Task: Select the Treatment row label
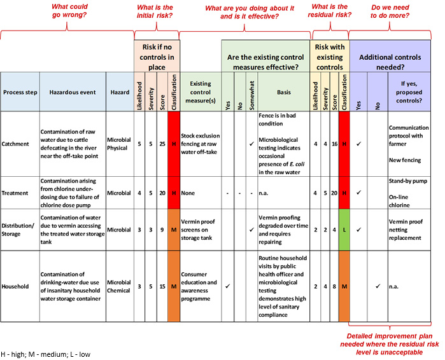tap(15, 193)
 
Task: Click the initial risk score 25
tap(162, 144)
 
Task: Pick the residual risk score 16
tap(335, 144)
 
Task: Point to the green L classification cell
tap(344, 230)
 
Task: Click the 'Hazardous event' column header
tap(73, 92)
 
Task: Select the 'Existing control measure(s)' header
tap(201, 92)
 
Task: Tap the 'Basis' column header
tap(284, 92)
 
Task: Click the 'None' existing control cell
tap(188, 193)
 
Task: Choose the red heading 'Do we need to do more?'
tap(390, 11)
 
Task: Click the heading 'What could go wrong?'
tap(69, 11)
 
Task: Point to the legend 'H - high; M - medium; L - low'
tap(45, 354)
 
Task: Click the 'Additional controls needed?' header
tap(390, 62)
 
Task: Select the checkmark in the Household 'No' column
tap(378, 286)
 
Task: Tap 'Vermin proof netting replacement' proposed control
tap(406, 230)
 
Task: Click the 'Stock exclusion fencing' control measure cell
tap(201, 144)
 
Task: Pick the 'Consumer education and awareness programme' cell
tap(199, 286)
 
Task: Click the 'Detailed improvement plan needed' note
tap(390, 344)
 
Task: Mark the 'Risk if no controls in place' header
tap(157, 57)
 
